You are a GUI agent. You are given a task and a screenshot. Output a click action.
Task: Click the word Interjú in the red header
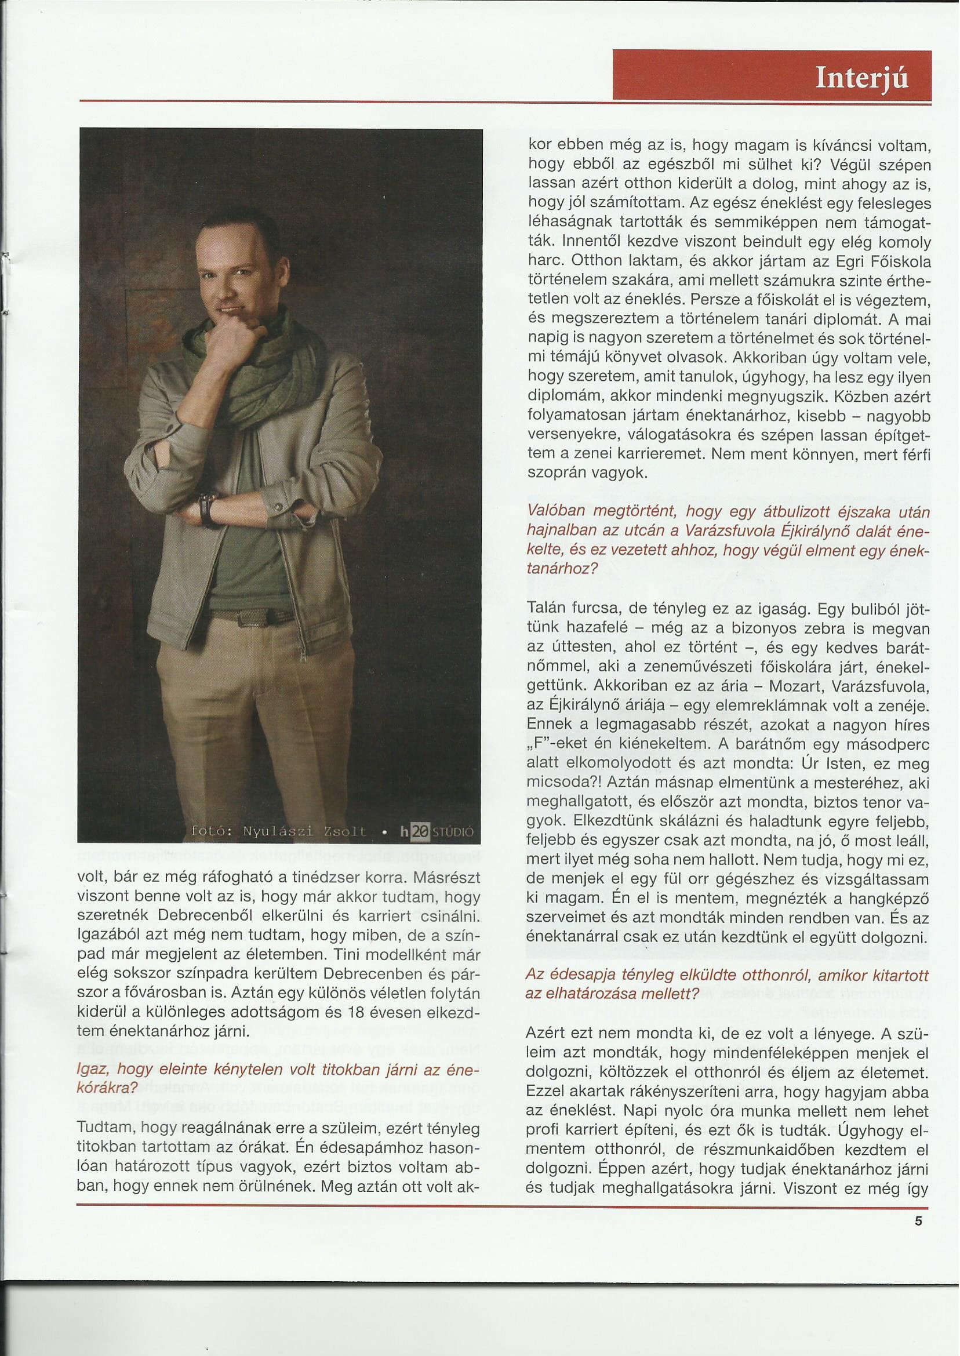(861, 78)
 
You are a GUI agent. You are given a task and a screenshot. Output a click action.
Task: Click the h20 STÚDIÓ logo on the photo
(437, 831)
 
